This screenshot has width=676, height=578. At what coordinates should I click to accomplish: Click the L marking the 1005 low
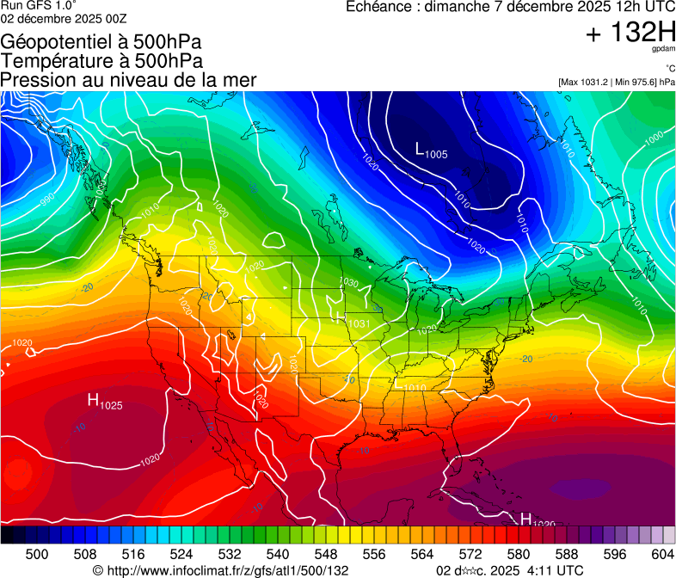tap(421, 149)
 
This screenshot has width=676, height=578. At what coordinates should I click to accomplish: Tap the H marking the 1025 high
tap(94, 400)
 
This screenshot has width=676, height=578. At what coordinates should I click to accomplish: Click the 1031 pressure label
tap(359, 323)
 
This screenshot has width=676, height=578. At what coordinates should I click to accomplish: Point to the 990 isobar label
tap(46, 201)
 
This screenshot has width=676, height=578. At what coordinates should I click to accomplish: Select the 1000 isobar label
tap(654, 138)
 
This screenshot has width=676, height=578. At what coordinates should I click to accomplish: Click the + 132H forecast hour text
tap(630, 33)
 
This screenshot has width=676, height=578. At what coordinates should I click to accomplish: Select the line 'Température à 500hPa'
tap(101, 61)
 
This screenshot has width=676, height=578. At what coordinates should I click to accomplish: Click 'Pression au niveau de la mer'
tap(128, 80)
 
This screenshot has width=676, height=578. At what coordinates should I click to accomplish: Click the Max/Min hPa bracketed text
tap(617, 82)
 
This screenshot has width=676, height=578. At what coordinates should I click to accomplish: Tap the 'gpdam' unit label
tap(665, 50)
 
